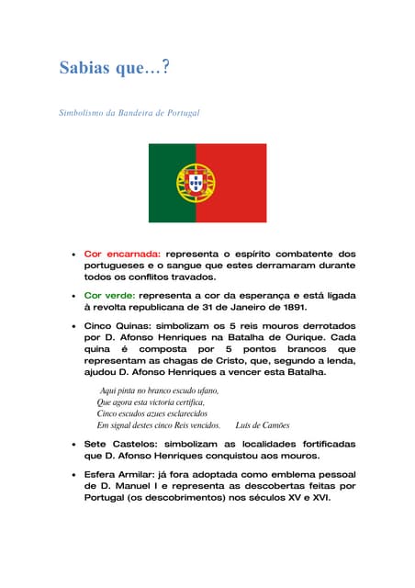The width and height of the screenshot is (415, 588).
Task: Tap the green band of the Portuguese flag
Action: point(172,183)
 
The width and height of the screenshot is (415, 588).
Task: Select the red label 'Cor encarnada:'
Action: point(122,253)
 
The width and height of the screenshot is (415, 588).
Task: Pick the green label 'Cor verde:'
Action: point(108,296)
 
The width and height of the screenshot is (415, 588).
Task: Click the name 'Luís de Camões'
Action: point(263,425)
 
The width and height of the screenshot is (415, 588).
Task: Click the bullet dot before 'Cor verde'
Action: point(72,297)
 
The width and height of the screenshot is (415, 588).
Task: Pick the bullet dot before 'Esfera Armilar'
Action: point(72,473)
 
